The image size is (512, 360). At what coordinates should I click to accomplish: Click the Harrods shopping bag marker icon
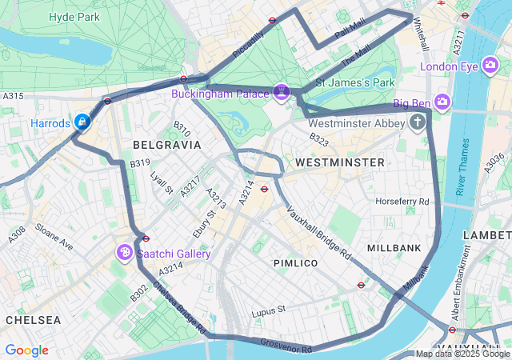click(81, 122)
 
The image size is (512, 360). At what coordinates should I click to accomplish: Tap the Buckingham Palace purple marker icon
click(281, 93)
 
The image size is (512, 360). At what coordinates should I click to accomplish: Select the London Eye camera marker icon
click(490, 66)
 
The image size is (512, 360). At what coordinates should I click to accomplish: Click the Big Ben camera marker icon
click(443, 102)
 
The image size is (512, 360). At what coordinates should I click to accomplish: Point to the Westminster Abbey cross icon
click(417, 122)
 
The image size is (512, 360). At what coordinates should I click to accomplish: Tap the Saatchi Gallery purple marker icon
click(125, 253)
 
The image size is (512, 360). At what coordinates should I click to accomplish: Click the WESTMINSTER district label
click(339, 162)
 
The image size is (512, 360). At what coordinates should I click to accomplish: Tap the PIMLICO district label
click(295, 263)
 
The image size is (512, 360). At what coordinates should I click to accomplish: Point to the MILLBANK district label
click(394, 248)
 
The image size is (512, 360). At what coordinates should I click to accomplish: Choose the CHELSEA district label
click(33, 319)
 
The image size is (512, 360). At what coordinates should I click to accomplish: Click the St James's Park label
click(355, 82)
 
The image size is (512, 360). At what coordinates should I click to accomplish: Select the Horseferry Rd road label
click(402, 201)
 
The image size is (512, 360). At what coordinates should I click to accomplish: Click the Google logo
click(26, 350)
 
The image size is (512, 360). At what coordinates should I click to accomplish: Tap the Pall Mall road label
click(350, 31)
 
